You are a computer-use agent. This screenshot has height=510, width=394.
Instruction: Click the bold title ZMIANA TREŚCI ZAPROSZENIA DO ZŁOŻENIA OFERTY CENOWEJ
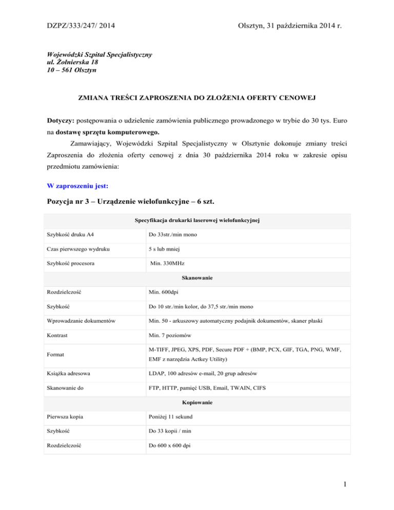tap(197, 97)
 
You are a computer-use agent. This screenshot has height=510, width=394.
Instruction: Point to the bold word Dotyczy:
tap(59, 119)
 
